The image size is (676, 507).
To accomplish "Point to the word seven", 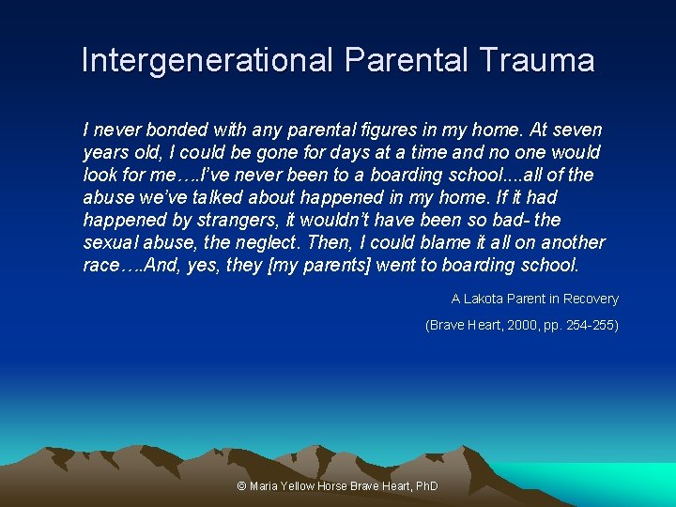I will pyautogui.click(x=576, y=130).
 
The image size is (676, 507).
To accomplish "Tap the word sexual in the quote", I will pyautogui.click(x=111, y=242).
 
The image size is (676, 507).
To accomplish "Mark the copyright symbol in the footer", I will pyautogui.click(x=242, y=486).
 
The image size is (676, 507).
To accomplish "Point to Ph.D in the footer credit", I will pyautogui.click(x=425, y=486).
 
